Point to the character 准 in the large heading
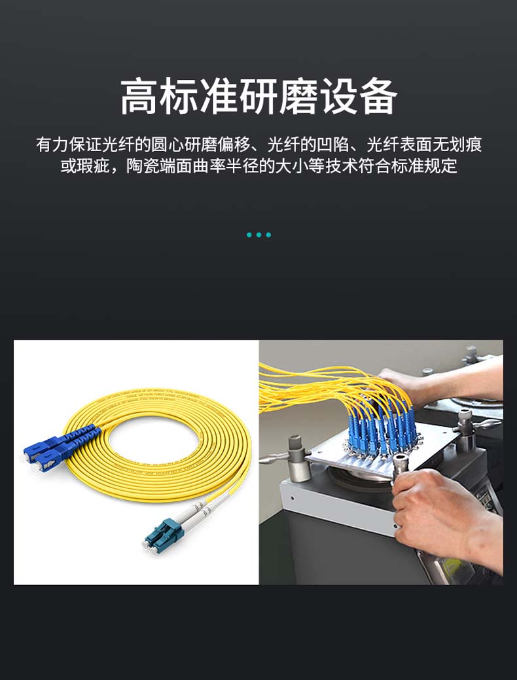[219, 96]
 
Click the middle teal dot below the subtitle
[259, 235]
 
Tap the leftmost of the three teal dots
[249, 235]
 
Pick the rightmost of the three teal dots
[268, 235]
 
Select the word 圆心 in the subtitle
[168, 145]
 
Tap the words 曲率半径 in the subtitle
[225, 166]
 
